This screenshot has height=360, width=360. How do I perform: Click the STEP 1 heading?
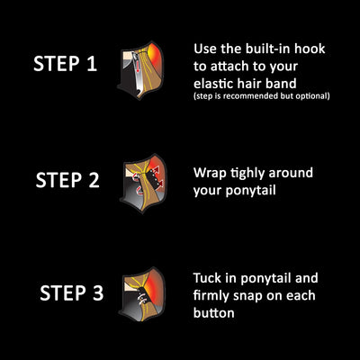click(65, 64)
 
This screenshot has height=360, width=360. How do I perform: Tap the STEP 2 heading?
click(67, 180)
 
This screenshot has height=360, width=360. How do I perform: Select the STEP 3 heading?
click(72, 292)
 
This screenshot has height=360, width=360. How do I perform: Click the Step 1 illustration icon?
click(141, 70)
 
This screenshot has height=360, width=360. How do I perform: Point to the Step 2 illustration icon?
click(143, 183)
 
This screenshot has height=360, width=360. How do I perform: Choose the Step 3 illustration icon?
click(142, 294)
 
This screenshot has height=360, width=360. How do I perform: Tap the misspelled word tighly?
click(248, 174)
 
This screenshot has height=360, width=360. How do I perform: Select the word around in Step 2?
click(291, 173)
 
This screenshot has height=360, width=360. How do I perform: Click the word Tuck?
click(207, 278)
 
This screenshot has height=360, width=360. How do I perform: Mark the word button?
click(214, 313)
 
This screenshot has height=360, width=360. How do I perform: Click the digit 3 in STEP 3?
click(98, 293)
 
